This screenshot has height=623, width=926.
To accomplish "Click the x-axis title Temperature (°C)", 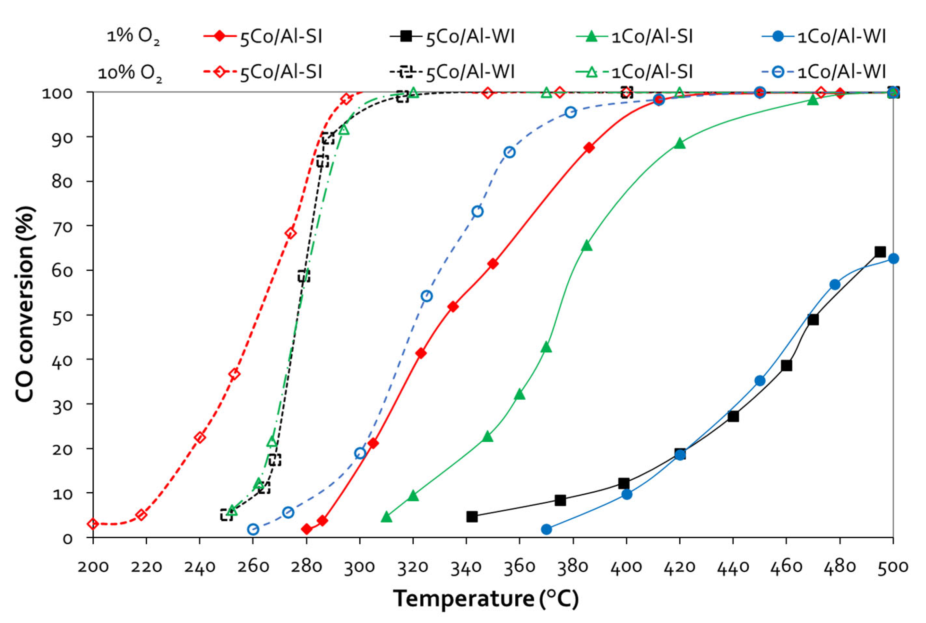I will point(486,599).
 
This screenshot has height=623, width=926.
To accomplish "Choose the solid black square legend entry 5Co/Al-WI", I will point(453,36).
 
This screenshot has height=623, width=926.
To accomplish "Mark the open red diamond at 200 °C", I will point(93,524).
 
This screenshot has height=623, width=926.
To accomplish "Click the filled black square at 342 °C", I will point(472,516).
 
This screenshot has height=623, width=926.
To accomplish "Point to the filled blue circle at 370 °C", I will point(547,529).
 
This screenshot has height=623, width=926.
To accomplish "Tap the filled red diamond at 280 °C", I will point(306,529).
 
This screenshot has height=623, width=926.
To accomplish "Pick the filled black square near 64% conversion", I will point(880,252).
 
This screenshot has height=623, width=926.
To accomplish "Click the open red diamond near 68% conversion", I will point(291,233).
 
